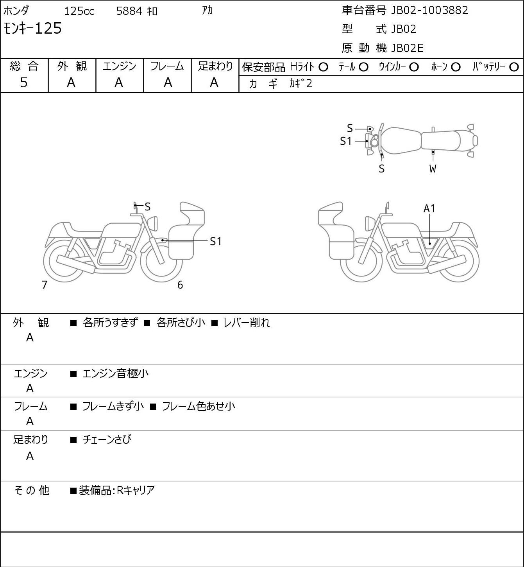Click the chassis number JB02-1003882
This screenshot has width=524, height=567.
tap(429, 11)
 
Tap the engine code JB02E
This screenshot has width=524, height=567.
tap(407, 48)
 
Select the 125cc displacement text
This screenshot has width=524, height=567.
tap(79, 11)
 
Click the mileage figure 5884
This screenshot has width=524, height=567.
tap(129, 11)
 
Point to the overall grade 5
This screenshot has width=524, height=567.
tap(24, 83)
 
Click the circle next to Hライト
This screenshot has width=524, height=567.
tap(323, 67)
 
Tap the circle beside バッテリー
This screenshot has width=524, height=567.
tap(514, 67)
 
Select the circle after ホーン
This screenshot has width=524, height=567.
tap(456, 67)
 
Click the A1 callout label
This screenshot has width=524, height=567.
tap(429, 209)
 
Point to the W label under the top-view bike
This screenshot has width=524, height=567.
tap(433, 169)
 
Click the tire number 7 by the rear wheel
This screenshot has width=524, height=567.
tap(44, 285)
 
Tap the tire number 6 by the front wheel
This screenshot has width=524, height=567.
tap(180, 285)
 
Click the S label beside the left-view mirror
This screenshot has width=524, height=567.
tap(147, 207)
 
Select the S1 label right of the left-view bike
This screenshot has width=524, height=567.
tap(215, 242)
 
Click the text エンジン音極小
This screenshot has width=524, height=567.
tap(115, 373)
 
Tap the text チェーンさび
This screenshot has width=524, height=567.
tap(107, 440)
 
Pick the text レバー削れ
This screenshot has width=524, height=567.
tap(247, 323)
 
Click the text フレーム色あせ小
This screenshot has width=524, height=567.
tap(199, 406)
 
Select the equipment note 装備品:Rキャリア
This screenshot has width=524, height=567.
tap(117, 490)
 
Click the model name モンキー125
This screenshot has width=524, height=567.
tap(32, 29)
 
